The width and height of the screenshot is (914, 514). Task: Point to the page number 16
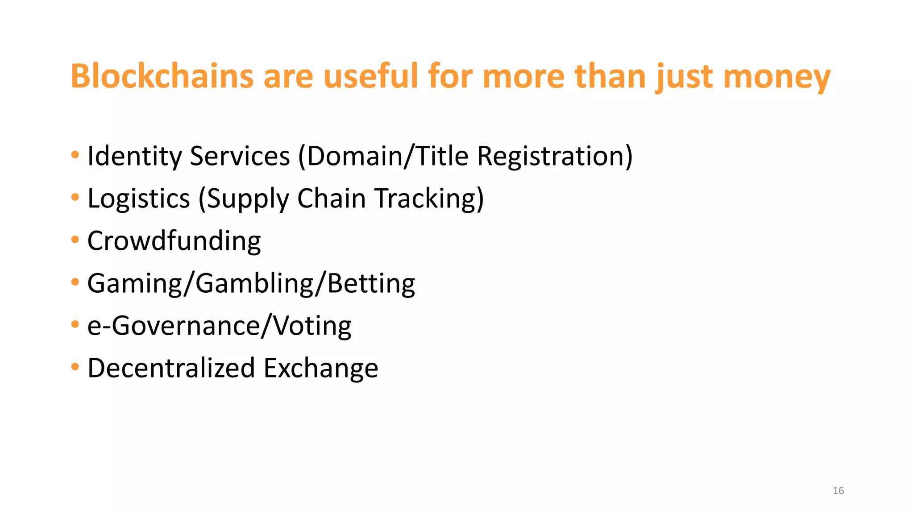click(838, 491)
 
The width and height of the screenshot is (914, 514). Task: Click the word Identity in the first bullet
click(135, 157)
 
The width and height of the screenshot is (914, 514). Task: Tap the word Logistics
click(139, 199)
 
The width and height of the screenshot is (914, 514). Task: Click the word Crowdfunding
click(174, 241)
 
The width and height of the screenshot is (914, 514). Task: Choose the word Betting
click(371, 283)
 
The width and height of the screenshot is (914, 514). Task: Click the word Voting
click(312, 326)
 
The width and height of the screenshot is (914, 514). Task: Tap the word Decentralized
click(171, 368)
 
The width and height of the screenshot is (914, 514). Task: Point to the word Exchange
click(321, 368)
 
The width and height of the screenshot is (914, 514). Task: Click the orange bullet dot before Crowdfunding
click(75, 240)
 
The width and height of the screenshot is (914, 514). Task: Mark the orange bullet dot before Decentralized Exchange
click(75, 367)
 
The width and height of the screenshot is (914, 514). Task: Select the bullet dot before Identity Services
click(75, 155)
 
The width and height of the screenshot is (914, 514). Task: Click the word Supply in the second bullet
click(248, 199)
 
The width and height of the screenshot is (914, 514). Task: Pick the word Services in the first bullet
click(240, 157)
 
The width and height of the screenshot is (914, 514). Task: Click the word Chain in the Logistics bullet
click(332, 198)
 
